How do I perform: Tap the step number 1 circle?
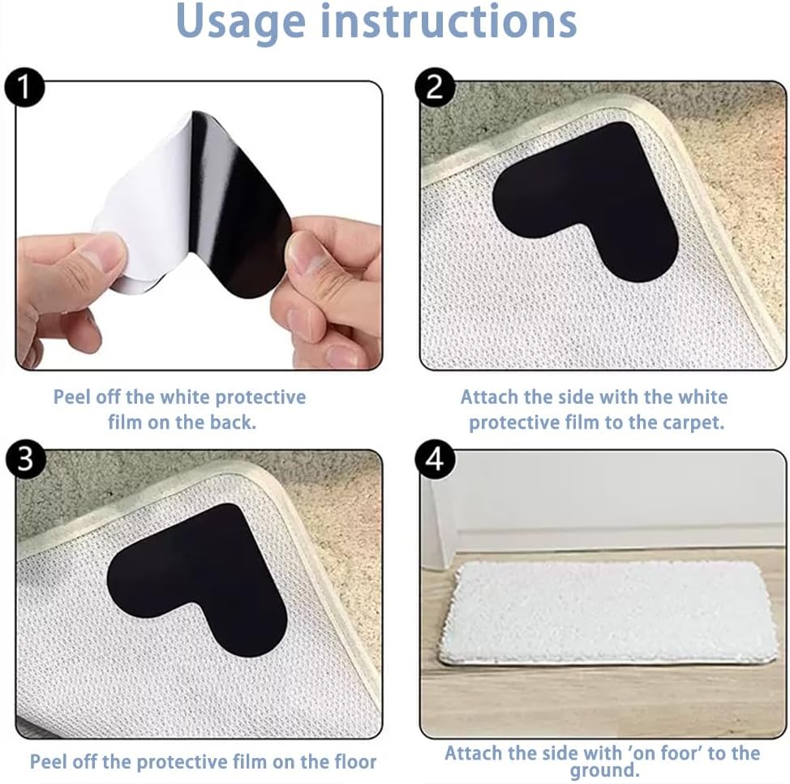coord(24,88)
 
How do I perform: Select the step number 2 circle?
coord(435,87)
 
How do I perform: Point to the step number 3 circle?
coord(25,459)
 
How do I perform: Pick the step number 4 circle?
coord(435,459)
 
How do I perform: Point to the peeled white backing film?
coord(146,212)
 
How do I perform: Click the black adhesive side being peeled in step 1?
coord(237,207)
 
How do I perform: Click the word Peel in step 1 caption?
coord(72,396)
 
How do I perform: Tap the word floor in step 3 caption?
coord(355,761)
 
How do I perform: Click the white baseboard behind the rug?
coord(615,539)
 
